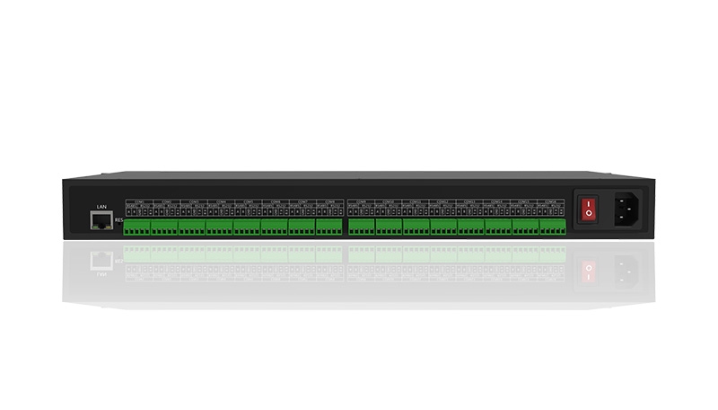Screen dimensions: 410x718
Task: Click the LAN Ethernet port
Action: [x=101, y=220]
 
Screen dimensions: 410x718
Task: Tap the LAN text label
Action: [x=101, y=208]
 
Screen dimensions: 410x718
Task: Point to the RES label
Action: [x=118, y=220]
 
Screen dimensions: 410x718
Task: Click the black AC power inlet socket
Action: [x=627, y=212]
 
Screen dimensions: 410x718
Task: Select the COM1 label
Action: [x=137, y=201]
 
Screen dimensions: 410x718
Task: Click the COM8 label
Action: [x=329, y=201]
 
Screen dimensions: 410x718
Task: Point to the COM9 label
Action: [x=361, y=201]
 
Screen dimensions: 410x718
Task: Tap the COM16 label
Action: [x=553, y=201]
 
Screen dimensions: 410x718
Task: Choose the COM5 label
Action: [x=247, y=201]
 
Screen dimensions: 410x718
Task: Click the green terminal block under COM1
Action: [x=137, y=227]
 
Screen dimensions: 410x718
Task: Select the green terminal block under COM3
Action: [x=192, y=227]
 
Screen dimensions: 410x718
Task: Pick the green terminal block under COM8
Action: [x=329, y=227]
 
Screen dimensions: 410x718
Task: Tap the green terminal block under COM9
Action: [x=361, y=227]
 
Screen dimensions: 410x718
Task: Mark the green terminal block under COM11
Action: [x=416, y=227]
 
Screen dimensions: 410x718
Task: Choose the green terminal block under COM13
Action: [x=470, y=227]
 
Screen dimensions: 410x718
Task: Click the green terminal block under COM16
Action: [x=553, y=227]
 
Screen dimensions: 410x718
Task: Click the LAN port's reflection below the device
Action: [x=101, y=259]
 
